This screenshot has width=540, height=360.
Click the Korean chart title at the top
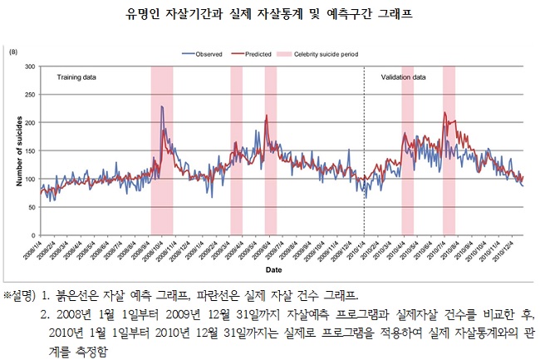(270, 13)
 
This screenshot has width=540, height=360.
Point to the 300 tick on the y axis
(30, 66)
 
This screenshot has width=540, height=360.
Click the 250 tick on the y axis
(30, 94)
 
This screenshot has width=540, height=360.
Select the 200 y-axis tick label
(30, 122)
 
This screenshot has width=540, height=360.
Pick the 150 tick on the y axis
(30, 150)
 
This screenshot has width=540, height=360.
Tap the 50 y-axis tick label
(32, 207)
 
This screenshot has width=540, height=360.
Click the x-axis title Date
(273, 270)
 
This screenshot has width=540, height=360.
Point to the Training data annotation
(76, 77)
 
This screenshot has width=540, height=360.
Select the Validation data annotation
(404, 77)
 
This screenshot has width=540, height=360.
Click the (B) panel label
(13, 52)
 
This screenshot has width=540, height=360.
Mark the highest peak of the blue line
(161, 106)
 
